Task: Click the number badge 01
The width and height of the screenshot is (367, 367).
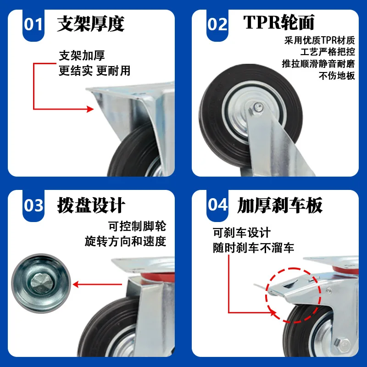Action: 33,25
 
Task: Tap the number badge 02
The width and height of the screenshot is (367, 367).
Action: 217,25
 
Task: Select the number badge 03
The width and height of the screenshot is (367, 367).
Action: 33,206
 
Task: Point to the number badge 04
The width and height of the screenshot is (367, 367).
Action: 217,205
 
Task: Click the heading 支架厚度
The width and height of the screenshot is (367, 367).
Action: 90,24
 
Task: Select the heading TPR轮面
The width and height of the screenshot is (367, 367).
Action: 278,22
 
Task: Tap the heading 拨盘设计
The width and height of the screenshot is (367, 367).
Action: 91,205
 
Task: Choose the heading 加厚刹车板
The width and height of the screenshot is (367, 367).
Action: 280,205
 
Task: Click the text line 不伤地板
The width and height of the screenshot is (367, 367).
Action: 337,76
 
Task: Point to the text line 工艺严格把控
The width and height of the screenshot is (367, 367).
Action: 328,52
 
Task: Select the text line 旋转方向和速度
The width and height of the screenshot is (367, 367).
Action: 125,241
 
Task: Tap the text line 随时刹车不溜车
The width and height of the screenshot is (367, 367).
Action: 253,248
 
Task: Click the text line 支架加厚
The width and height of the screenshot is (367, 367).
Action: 82,56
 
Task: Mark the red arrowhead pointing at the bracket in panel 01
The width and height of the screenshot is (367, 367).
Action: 90,109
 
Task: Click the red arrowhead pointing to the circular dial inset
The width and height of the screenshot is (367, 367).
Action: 76,284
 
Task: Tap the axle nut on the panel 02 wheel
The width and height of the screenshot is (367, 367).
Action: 257,108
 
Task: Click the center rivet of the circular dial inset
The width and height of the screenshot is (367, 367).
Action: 42,284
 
